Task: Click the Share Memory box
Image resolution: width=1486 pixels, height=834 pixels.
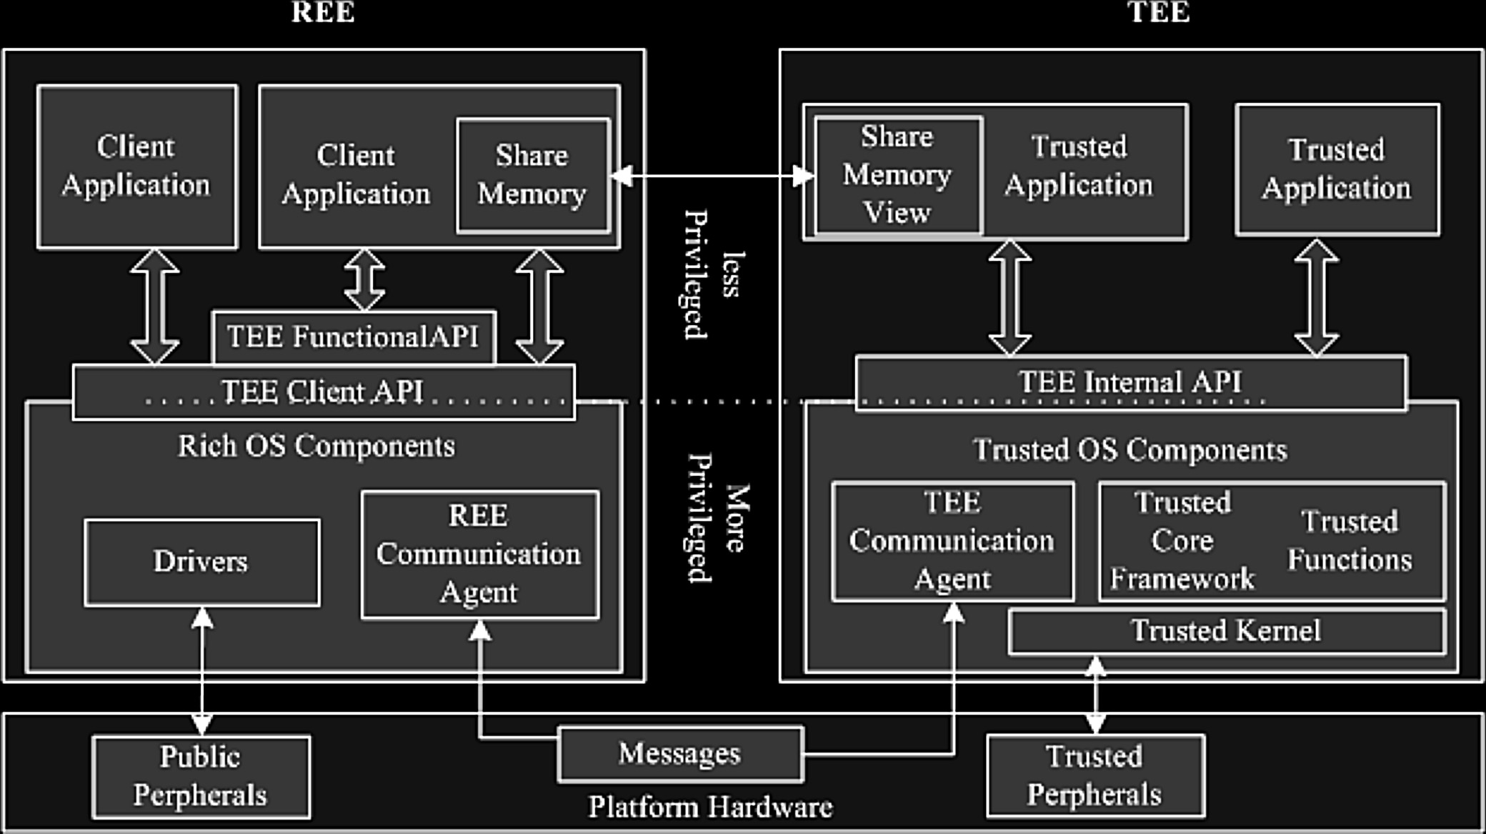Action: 534,176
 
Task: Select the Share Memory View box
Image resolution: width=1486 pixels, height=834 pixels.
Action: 899,175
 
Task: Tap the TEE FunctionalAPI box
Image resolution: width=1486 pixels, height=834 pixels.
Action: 354,337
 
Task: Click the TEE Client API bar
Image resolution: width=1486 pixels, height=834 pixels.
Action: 324,392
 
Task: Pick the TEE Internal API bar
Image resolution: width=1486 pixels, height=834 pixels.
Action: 1131,383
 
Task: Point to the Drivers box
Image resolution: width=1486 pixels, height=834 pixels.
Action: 202,562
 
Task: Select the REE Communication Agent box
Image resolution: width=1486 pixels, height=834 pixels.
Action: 480,555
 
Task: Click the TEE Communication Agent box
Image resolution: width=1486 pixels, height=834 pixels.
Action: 953,541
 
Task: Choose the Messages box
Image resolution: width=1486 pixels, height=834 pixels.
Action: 680,754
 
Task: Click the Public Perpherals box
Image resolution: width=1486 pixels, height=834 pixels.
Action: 201,777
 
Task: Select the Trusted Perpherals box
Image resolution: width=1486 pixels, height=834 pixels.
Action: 1096,776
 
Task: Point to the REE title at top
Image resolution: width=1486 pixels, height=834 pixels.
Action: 323,12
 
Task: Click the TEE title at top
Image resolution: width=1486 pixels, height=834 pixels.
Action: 1159,12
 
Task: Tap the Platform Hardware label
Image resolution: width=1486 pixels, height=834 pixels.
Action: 710,807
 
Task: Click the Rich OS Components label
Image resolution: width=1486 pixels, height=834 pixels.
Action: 316,446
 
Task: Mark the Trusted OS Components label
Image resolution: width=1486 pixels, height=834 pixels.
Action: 1130,450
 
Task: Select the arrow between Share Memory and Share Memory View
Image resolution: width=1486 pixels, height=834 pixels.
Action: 712,176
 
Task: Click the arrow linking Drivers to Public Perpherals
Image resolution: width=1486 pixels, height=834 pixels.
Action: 202,671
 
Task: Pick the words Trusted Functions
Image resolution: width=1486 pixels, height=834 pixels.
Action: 1350,541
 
